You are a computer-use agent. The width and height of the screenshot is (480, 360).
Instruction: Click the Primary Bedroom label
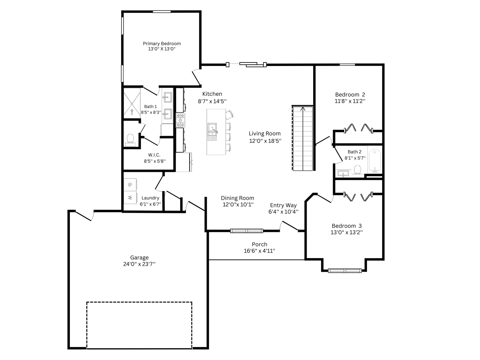[162, 43]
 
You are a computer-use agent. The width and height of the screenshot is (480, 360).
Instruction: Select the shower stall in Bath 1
[132, 103]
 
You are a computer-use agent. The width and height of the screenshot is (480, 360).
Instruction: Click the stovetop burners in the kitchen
[181, 120]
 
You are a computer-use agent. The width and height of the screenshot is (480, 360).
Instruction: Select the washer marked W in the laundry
[130, 197]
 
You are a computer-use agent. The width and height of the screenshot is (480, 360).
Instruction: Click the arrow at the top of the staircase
[303, 109]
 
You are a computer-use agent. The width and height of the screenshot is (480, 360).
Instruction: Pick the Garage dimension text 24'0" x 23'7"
[139, 264]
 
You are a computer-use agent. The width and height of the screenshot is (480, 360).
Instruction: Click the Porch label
[259, 244]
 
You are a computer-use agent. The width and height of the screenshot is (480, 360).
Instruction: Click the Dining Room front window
[247, 231]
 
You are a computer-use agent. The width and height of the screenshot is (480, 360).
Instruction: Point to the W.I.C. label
[154, 155]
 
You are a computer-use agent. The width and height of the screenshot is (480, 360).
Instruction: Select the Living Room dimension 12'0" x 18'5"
[265, 141]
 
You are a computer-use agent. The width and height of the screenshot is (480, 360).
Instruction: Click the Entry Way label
[283, 205]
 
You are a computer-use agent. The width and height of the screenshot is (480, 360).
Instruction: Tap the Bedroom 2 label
[350, 94]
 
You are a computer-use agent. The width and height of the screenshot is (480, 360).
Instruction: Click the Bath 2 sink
[343, 174]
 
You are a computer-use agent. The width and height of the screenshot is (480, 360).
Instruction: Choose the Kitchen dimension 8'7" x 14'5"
[212, 101]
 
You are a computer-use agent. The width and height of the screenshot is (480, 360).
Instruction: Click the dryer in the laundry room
[130, 185]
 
